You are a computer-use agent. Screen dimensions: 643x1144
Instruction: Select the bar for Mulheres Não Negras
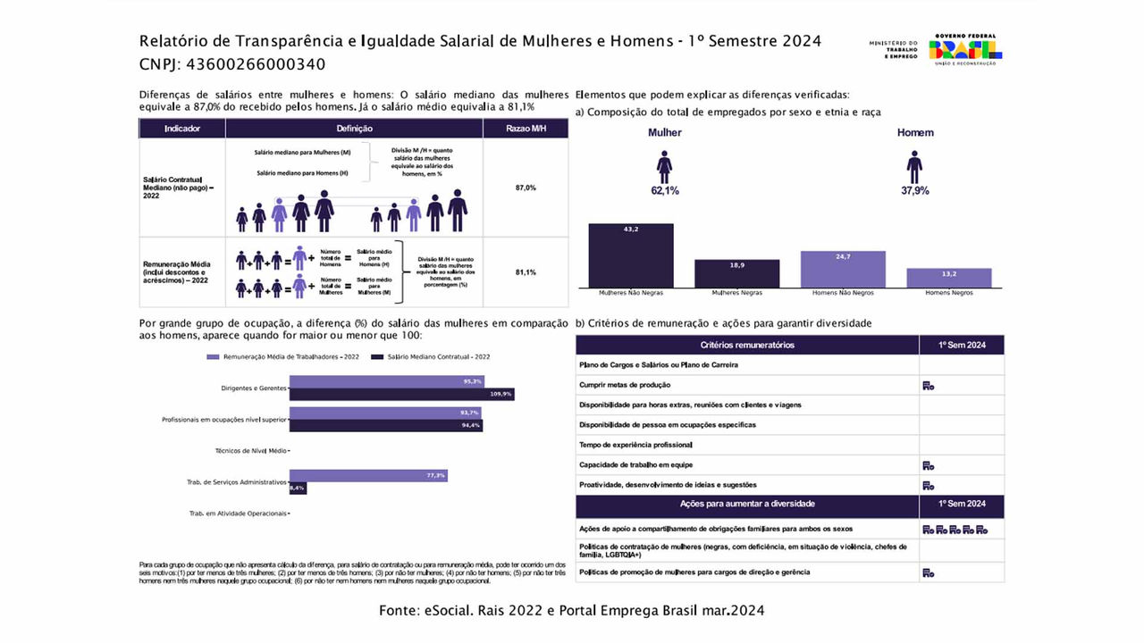630,255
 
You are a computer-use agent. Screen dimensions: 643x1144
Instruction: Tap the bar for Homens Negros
949,278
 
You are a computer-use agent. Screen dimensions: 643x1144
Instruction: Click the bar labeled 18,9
736,273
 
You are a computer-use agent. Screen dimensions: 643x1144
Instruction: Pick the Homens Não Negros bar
843,269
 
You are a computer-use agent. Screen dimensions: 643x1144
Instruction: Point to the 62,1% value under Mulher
664,190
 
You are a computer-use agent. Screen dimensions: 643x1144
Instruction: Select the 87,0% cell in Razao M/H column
526,188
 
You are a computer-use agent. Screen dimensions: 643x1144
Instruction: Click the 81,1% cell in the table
526,272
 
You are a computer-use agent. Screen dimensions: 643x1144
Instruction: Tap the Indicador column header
182,129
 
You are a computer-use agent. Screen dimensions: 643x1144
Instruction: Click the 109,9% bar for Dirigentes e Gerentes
401,394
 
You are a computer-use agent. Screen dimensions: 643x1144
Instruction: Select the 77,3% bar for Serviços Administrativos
367,475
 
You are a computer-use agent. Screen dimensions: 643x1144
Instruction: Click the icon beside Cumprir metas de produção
929,386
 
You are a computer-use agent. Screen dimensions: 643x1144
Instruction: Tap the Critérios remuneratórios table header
746,345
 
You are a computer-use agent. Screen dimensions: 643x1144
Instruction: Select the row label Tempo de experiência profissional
635,445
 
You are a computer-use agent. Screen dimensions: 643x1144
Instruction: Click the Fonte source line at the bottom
572,611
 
